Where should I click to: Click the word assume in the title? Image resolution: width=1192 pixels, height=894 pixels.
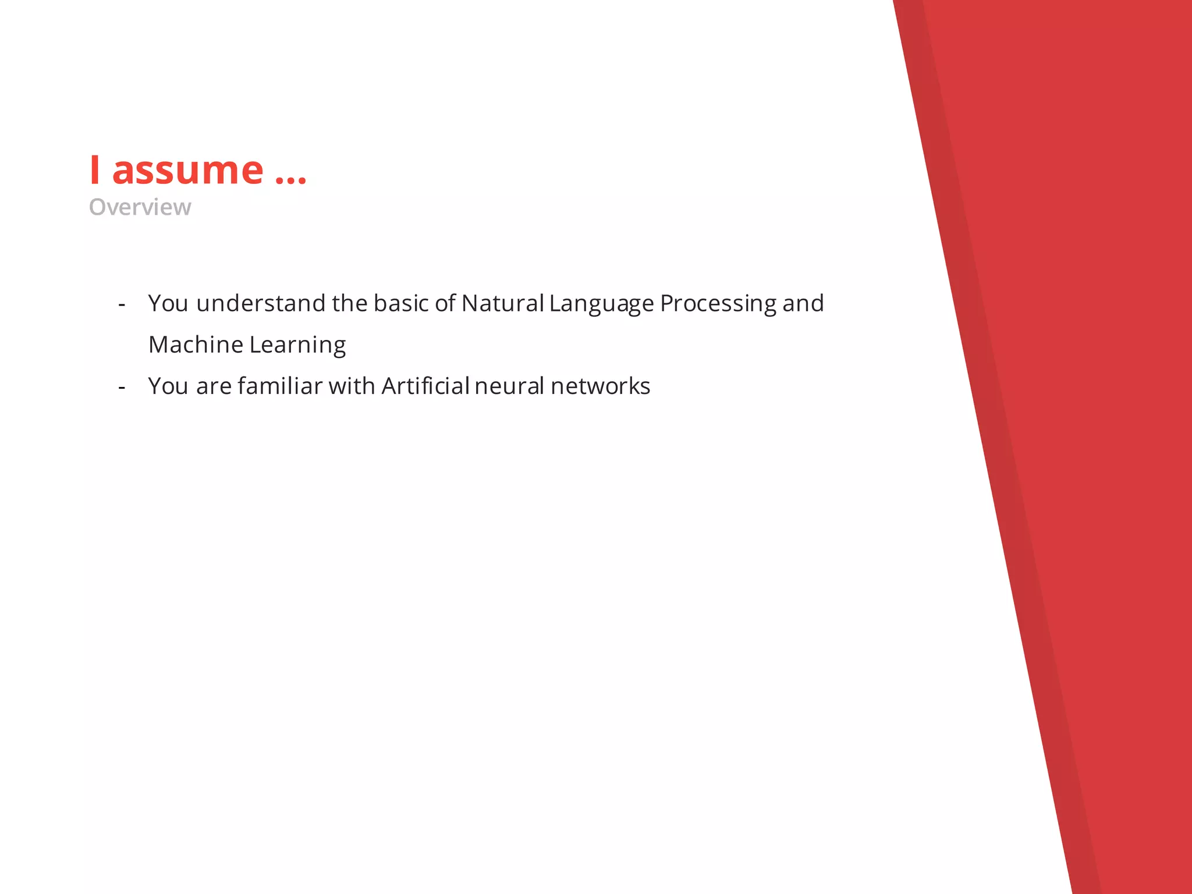[187, 171]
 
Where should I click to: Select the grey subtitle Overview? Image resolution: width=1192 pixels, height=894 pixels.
[140, 207]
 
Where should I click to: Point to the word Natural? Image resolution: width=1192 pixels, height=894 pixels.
[502, 303]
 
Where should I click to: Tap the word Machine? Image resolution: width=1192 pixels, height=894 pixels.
[196, 345]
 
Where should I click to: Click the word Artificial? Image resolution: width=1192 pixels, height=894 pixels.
[425, 386]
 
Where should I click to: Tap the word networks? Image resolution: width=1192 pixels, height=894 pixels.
[600, 386]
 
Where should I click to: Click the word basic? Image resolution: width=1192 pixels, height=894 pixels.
[400, 303]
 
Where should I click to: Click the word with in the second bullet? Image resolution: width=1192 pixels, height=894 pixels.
[352, 386]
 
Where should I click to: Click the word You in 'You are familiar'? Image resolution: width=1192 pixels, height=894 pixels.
[168, 386]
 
